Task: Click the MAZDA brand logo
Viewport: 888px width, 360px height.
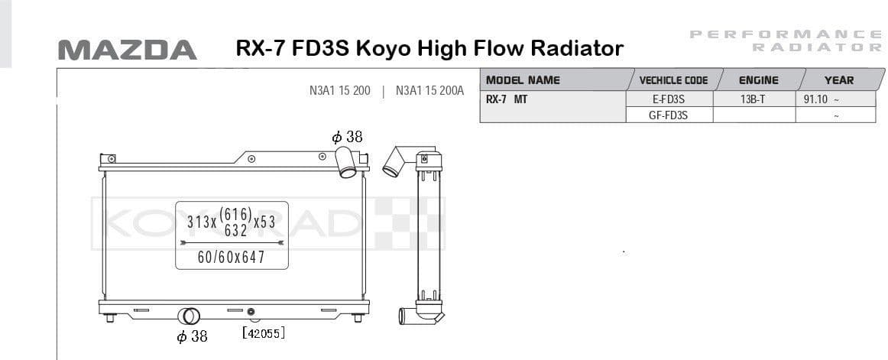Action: pyautogui.click(x=127, y=50)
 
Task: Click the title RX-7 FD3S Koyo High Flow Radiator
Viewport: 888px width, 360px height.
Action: pyautogui.click(x=429, y=49)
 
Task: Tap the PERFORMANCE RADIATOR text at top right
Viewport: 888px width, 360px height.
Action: pyautogui.click(x=786, y=40)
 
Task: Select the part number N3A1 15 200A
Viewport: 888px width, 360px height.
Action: pyautogui.click(x=429, y=90)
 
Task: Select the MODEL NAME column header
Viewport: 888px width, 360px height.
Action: pyautogui.click(x=523, y=80)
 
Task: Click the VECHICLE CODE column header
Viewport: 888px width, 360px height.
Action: pyautogui.click(x=673, y=80)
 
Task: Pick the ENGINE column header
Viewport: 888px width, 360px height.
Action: pyautogui.click(x=758, y=80)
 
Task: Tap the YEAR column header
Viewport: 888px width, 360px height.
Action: pyautogui.click(x=838, y=80)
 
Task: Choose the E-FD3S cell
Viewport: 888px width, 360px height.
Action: pyautogui.click(x=668, y=99)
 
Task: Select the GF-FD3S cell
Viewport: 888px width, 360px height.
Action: pyautogui.click(x=668, y=115)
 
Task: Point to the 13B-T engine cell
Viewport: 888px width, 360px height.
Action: pyautogui.click(x=753, y=99)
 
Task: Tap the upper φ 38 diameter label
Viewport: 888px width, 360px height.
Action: pyautogui.click(x=347, y=137)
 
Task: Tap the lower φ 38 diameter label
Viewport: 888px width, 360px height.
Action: pyautogui.click(x=192, y=336)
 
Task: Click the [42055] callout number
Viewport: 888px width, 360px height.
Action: pyautogui.click(x=263, y=333)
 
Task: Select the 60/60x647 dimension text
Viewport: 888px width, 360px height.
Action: pyautogui.click(x=231, y=258)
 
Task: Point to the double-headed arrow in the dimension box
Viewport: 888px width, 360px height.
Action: pyautogui.click(x=232, y=242)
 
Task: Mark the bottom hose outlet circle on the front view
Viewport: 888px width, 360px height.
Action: pyautogui.click(x=188, y=316)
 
